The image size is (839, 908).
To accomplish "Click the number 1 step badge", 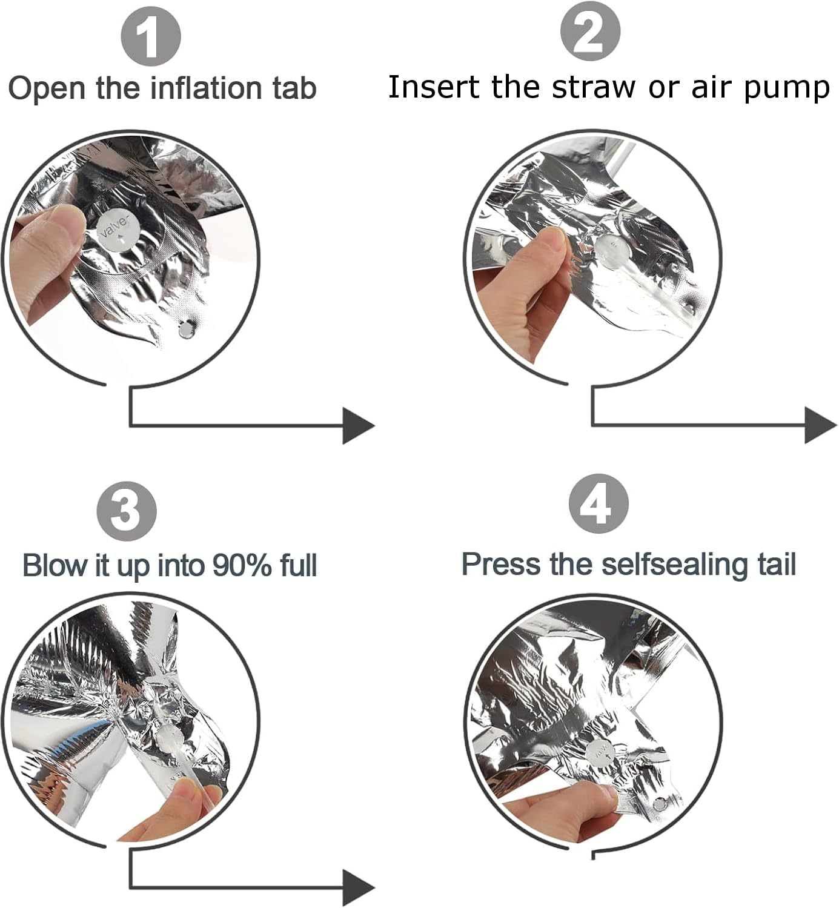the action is [151, 36].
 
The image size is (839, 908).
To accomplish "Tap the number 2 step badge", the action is [590, 31].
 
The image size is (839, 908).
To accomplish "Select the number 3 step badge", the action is [127, 511].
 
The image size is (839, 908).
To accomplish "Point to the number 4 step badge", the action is [599, 503].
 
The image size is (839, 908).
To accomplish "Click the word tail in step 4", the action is [777, 564].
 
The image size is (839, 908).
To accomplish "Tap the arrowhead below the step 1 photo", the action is [359, 426].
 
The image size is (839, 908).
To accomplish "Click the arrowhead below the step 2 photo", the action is [821, 425].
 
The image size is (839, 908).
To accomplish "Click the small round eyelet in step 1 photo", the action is [185, 330].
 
